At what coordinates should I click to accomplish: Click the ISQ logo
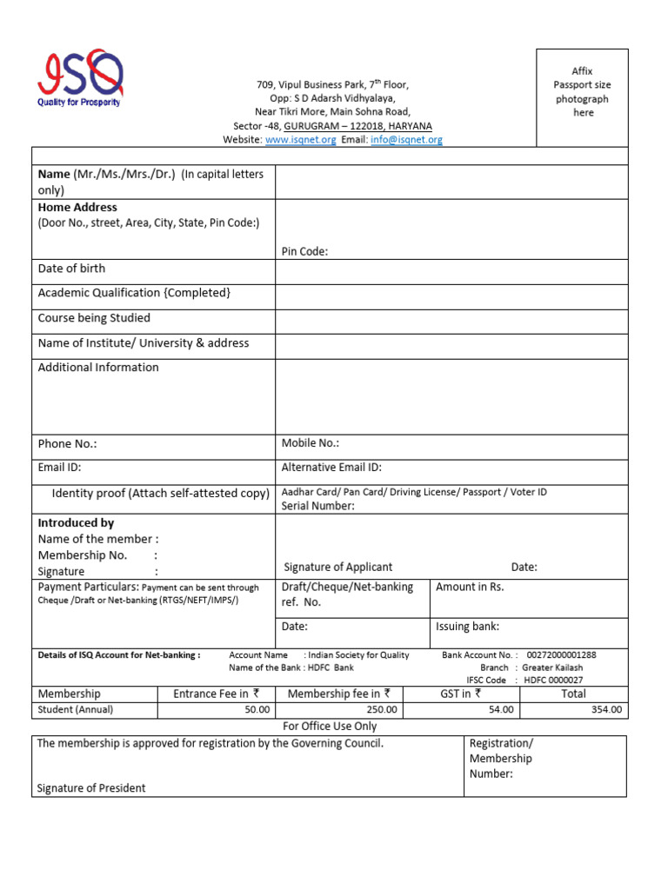tap(79, 77)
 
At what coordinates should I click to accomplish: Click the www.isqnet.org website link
tap(301, 140)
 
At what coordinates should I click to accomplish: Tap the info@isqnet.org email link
tap(406, 140)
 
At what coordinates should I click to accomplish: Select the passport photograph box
tap(582, 97)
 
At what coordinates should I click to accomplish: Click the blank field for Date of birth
tap(451, 271)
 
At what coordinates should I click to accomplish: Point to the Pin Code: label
tap(304, 252)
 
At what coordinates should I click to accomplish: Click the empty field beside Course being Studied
tap(451, 322)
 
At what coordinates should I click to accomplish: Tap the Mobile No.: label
tap(311, 443)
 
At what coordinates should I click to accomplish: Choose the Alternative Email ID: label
tap(331, 468)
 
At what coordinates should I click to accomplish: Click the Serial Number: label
tap(318, 506)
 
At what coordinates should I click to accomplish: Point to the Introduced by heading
tap(76, 523)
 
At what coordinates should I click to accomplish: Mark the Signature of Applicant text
tap(338, 568)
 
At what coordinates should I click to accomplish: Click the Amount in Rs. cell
tap(470, 588)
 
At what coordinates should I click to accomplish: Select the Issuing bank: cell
tap(467, 627)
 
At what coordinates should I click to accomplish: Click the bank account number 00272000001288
tap(562, 655)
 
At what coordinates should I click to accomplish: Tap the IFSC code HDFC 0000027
tap(552, 681)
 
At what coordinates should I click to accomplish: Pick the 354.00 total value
tap(606, 710)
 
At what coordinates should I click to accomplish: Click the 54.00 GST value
tap(501, 710)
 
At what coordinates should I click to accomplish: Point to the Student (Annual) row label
tap(76, 710)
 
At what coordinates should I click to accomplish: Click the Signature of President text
tap(91, 788)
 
